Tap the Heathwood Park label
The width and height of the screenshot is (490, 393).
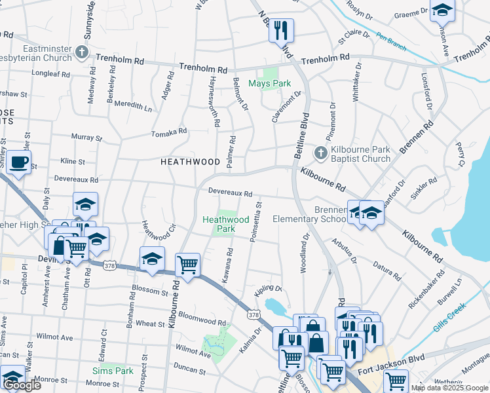pos(226,224)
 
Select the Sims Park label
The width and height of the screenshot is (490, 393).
pos(113,371)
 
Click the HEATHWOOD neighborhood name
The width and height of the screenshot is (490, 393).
pos(191,161)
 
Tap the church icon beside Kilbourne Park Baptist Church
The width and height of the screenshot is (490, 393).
pos(320,153)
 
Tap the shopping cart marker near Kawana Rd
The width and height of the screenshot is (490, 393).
pos(188,265)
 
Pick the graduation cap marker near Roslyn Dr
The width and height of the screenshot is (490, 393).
pos(442,11)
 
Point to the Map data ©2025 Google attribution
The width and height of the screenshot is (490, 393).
pos(449,388)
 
